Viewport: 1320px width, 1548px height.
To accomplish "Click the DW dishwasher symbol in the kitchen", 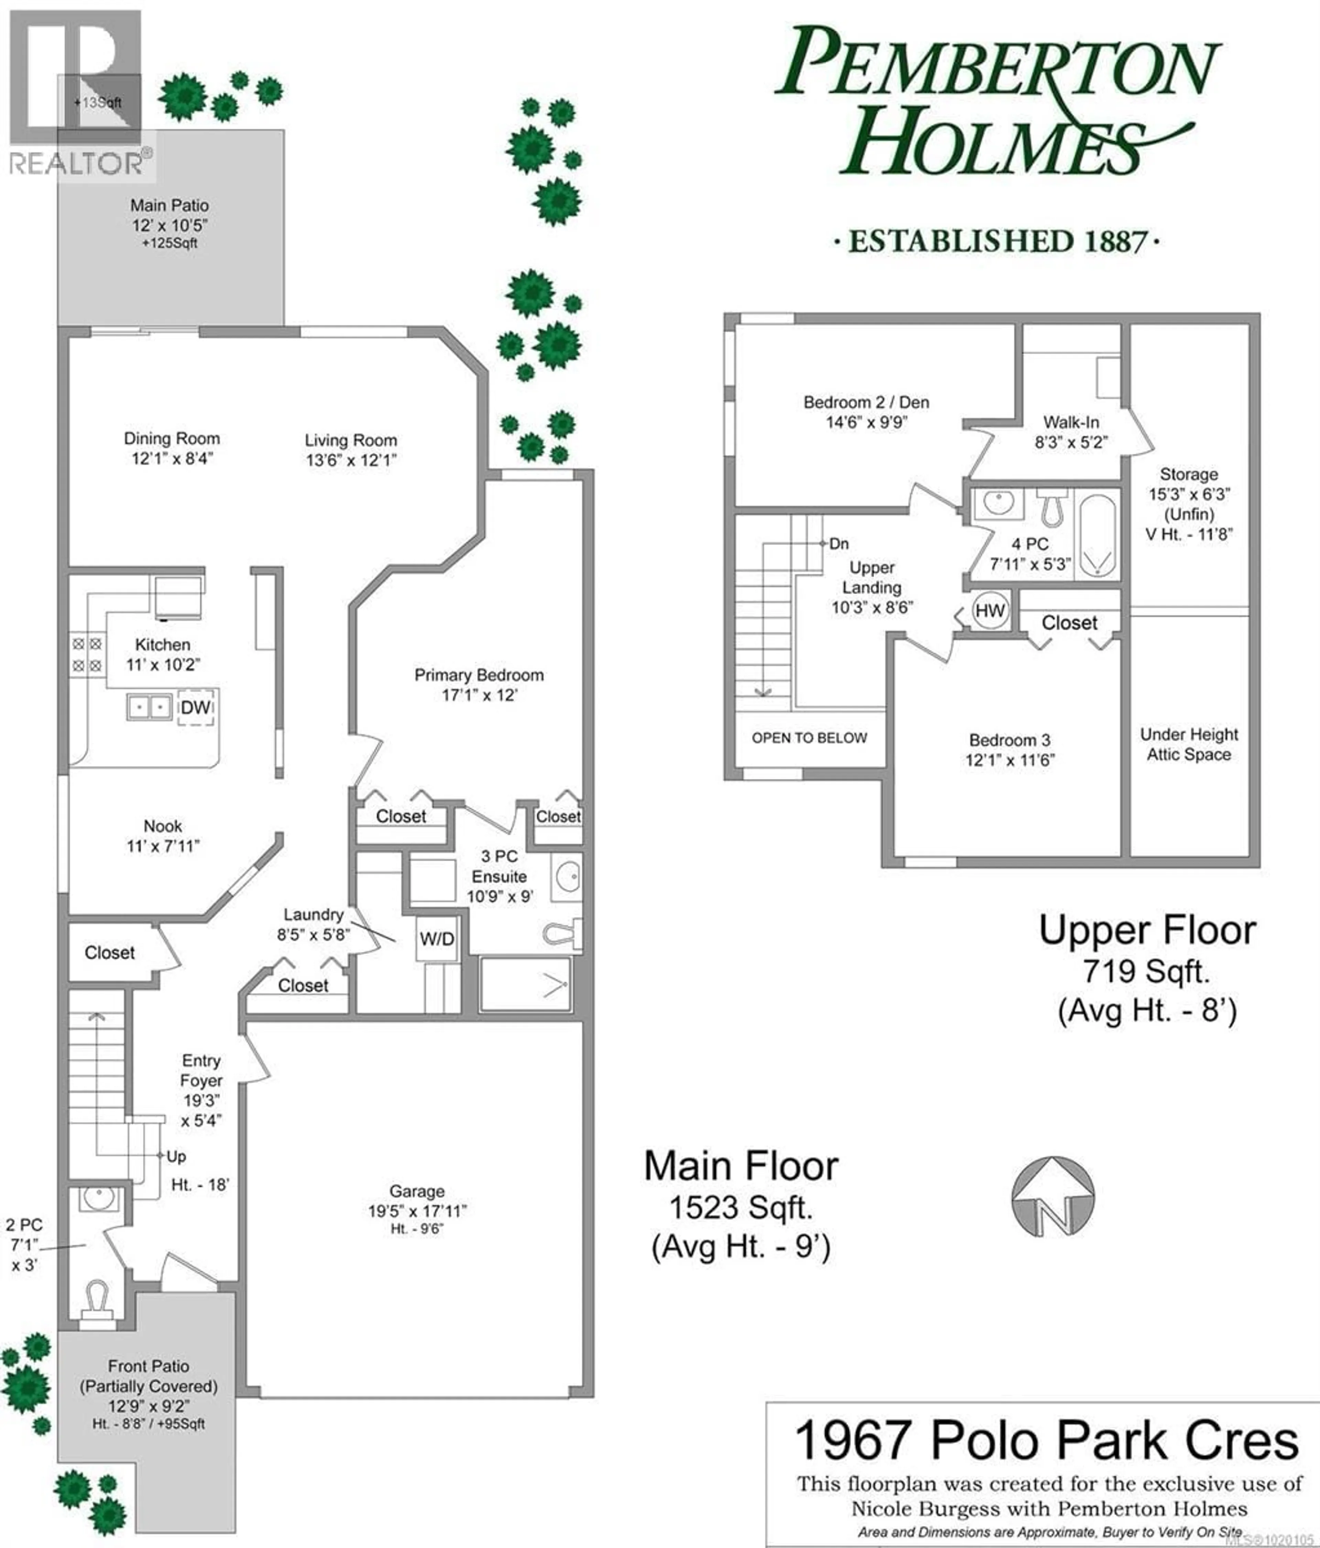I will coord(196,707).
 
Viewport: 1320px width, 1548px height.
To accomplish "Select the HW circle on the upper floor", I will coord(990,610).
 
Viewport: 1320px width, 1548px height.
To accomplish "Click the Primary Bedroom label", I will coord(479,675).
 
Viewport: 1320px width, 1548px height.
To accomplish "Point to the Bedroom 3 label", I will coord(1009,740).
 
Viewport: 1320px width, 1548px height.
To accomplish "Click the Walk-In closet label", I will coord(1070,422).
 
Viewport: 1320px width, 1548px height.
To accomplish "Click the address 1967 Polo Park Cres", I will coord(1046,1440).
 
